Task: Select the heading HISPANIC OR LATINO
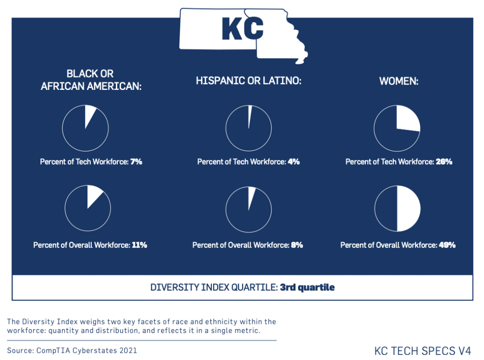coord(249,81)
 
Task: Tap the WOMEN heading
coord(398,81)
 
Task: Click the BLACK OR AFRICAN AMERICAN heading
coord(91,80)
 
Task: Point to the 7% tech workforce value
coord(136,162)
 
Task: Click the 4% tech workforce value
coord(294,162)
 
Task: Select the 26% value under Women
coord(444,162)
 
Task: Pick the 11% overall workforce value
coord(140,245)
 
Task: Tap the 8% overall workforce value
coord(297,245)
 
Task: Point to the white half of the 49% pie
coord(408,209)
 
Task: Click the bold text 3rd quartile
coord(307,287)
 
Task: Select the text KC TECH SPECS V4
coord(423,351)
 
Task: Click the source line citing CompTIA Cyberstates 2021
coord(72,351)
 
